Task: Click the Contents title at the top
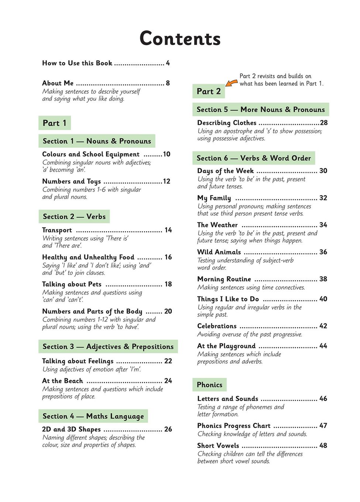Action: coord(180,39)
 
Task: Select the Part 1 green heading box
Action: coord(54,123)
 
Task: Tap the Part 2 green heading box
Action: coord(209,91)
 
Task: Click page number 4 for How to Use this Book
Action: coord(168,63)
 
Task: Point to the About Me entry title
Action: coord(58,83)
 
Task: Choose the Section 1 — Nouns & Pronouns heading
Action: coord(97,141)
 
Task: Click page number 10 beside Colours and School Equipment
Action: coord(167,154)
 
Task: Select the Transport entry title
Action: coord(57,230)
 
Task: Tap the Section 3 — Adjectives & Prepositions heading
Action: coord(108,347)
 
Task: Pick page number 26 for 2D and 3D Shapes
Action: coord(168,429)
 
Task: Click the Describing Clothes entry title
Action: coord(226,123)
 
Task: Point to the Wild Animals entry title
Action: coord(219,252)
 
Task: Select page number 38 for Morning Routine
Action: coord(323,279)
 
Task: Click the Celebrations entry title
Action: coord(217,326)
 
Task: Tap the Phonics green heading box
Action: coord(209,385)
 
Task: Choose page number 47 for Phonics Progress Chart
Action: coord(323,426)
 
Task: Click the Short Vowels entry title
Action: coord(218,446)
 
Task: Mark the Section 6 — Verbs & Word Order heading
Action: coord(254,158)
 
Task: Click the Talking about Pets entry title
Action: coord(72,284)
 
